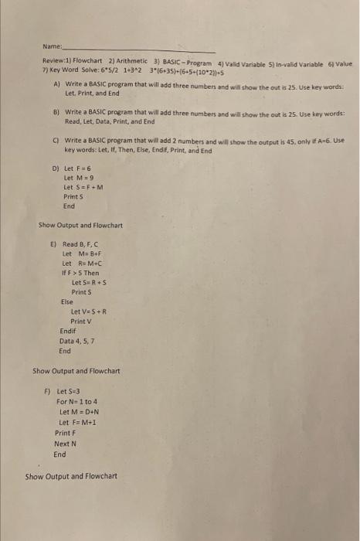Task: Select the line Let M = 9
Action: (x=77, y=177)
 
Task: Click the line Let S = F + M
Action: (x=83, y=187)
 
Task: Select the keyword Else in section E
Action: (x=67, y=303)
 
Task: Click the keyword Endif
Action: (x=69, y=331)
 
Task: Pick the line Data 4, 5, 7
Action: (x=76, y=341)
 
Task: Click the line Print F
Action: (x=65, y=434)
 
